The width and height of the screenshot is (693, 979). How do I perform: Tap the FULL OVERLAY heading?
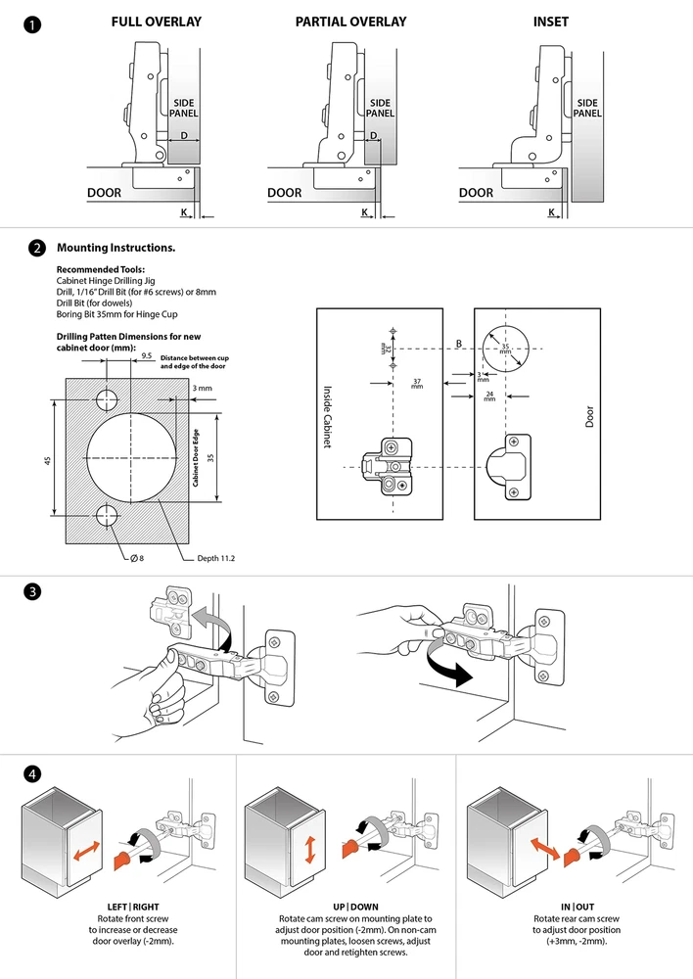(x=157, y=22)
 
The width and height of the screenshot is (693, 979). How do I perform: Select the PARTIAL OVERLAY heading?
(x=350, y=22)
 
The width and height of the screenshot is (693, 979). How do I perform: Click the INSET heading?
(x=551, y=22)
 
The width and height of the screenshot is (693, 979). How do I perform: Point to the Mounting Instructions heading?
(x=116, y=248)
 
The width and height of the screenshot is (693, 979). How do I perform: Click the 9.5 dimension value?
(x=146, y=356)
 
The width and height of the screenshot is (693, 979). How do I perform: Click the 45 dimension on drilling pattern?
(x=48, y=460)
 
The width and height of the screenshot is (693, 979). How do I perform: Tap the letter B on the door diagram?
(x=457, y=343)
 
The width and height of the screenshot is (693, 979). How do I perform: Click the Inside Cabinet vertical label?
(x=329, y=415)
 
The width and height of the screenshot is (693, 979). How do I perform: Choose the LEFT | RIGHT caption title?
(x=133, y=907)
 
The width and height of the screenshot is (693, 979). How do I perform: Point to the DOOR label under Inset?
(x=477, y=193)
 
